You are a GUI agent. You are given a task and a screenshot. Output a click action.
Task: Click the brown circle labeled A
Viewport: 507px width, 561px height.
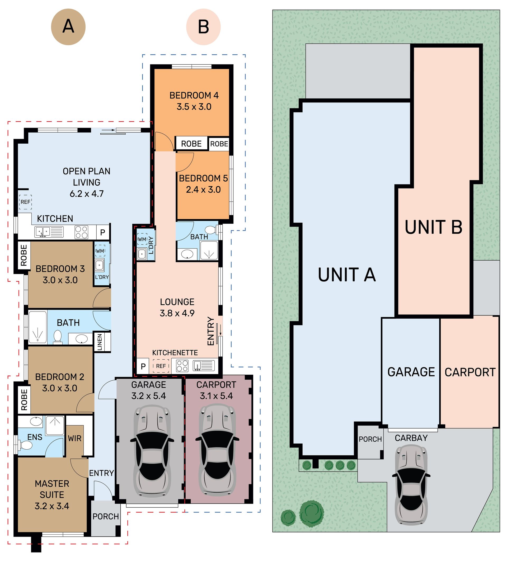click(x=68, y=27)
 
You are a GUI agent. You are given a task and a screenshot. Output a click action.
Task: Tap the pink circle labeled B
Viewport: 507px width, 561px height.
click(x=203, y=27)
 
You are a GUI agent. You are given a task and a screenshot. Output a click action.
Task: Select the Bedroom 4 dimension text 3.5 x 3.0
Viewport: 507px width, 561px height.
click(x=194, y=107)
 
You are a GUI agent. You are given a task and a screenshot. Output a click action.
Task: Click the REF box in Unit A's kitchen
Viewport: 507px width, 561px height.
click(x=25, y=202)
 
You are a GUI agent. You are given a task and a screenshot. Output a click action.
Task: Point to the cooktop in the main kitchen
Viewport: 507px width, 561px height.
click(x=82, y=232)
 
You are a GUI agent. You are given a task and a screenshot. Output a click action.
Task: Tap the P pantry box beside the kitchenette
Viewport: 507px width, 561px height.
click(x=143, y=366)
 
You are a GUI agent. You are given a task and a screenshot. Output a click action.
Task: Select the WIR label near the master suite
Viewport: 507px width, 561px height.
click(x=74, y=438)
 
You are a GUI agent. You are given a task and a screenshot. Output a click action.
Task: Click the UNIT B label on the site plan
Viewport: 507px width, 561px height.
click(x=434, y=227)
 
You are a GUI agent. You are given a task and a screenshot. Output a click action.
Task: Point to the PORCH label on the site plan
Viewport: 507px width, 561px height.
click(x=370, y=439)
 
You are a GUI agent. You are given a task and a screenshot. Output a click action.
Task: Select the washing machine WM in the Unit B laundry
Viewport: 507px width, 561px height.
click(x=142, y=239)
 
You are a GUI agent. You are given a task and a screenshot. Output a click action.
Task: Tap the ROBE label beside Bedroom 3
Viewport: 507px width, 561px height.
click(x=24, y=255)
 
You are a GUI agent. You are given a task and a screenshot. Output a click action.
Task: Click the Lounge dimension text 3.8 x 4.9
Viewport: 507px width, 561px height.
click(x=177, y=313)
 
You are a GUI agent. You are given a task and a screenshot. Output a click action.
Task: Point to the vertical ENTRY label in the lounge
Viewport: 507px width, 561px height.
click(x=211, y=331)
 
